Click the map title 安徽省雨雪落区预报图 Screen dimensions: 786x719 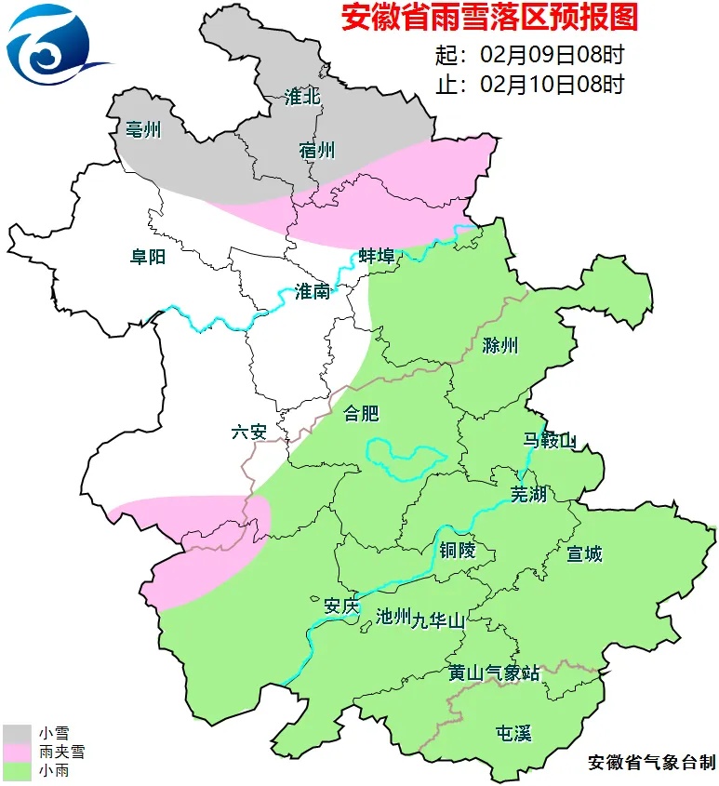coord(490,19)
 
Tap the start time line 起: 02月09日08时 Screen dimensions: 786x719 coord(529,56)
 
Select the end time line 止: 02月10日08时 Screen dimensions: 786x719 coord(529,85)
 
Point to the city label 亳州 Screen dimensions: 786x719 coord(142,129)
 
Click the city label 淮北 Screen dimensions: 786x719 coord(303,98)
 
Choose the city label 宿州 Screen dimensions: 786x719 coord(317,150)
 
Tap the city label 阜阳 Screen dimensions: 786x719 coord(148,257)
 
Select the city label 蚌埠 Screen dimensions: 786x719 coord(377,256)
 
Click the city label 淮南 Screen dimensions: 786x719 coord(313,291)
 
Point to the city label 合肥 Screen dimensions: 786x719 coord(362,413)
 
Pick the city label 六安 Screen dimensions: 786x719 coord(249,433)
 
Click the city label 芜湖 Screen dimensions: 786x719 coord(528,494)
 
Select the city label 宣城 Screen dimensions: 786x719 coord(585,554)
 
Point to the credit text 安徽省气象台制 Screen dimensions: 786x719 coord(652,763)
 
